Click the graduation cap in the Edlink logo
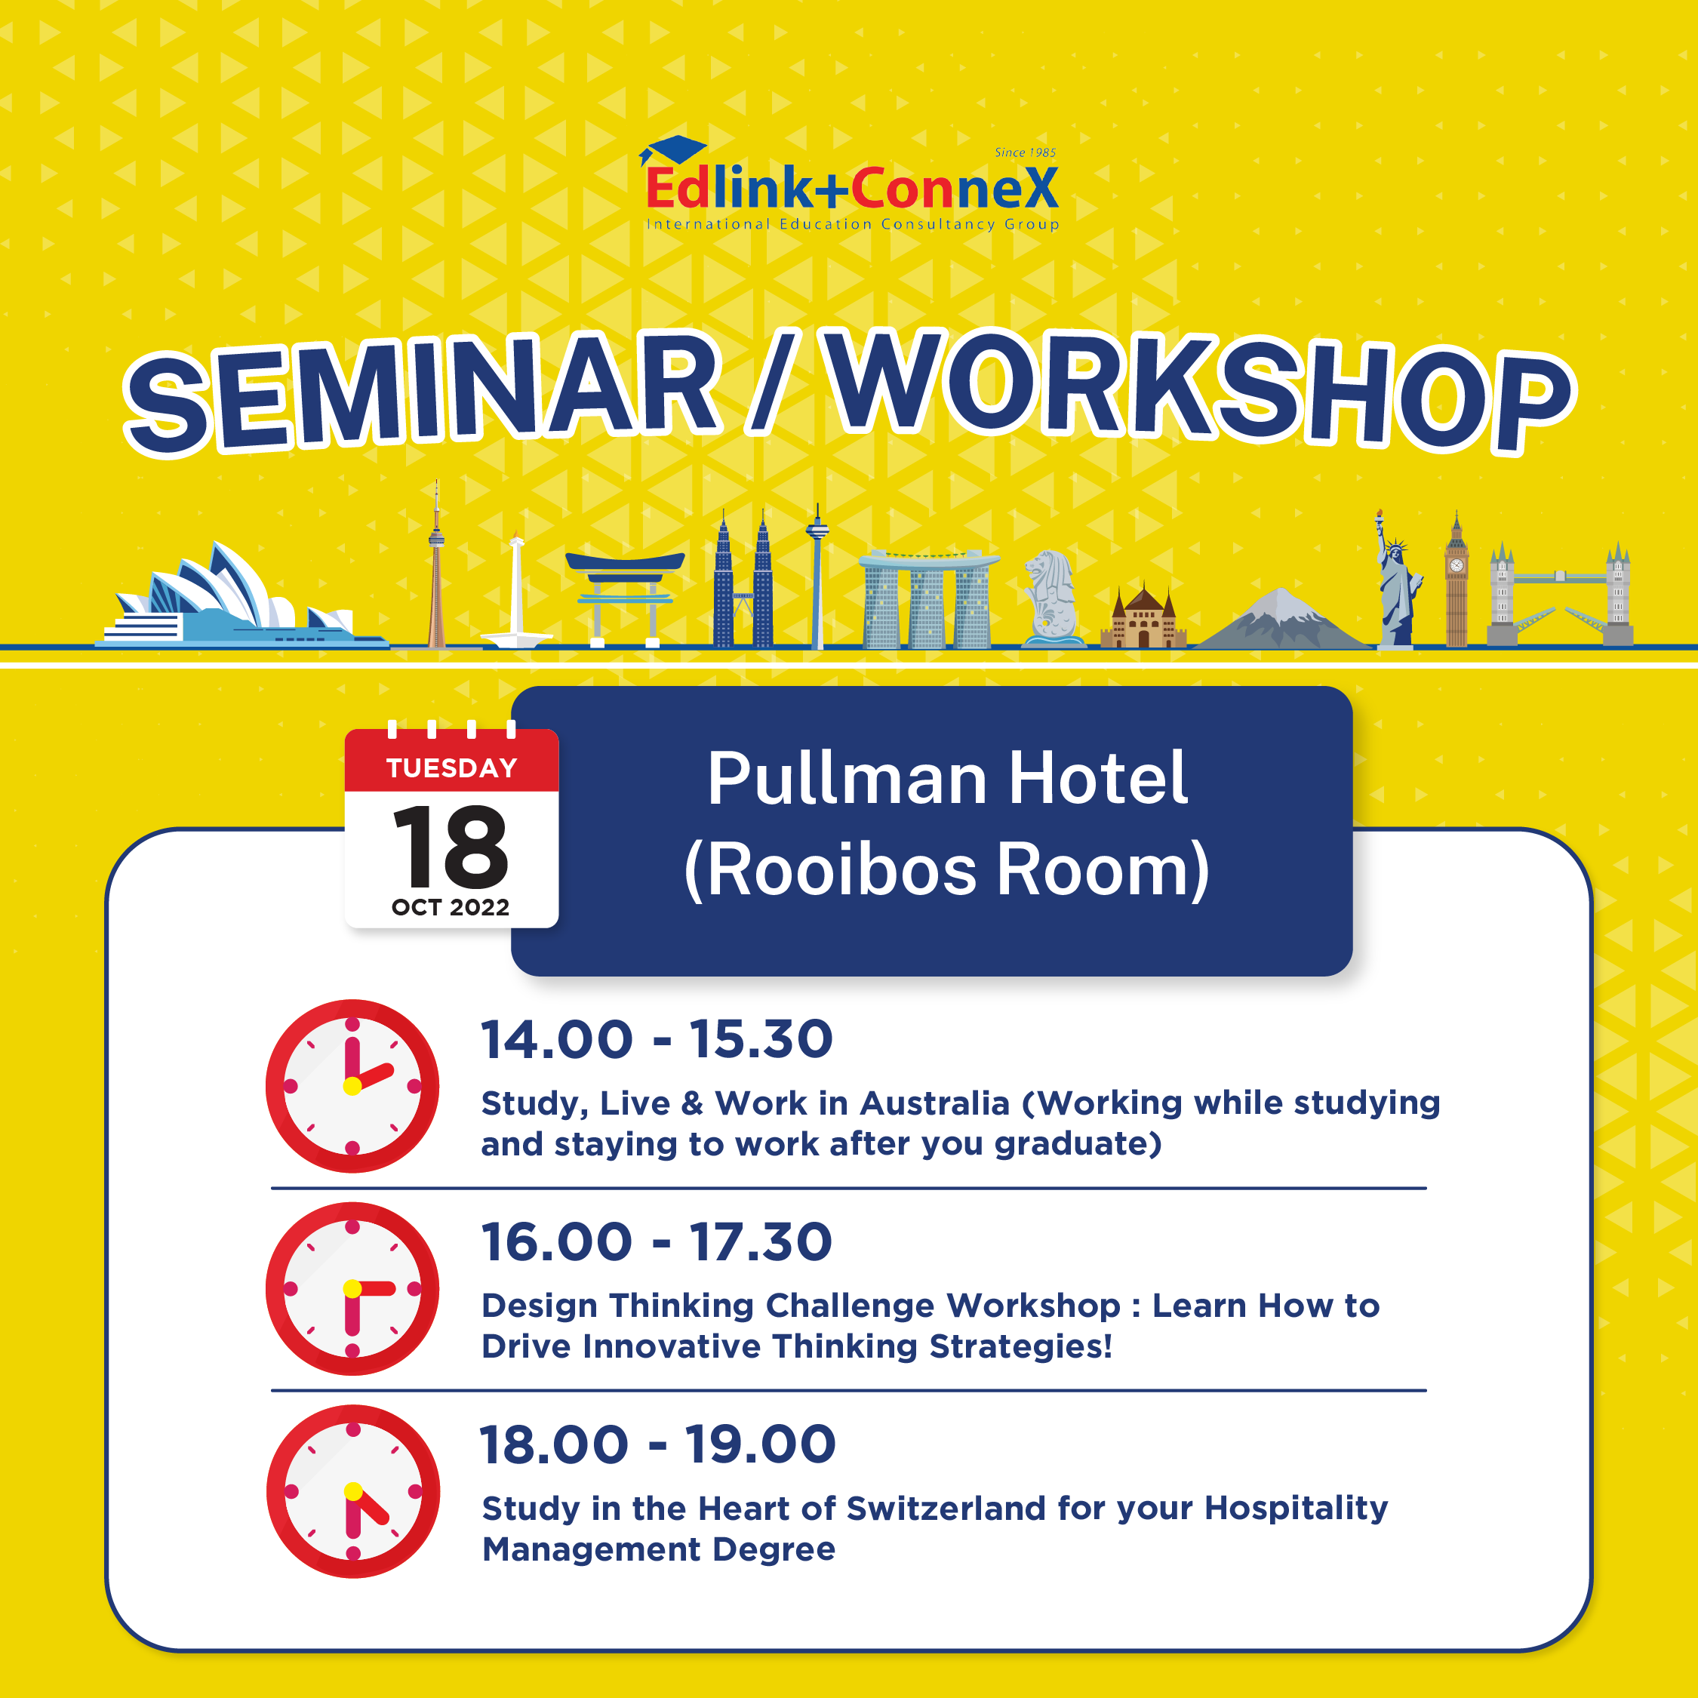(x=672, y=150)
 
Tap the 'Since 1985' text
(x=1025, y=152)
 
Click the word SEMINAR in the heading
(x=423, y=391)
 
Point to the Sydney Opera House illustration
(x=241, y=598)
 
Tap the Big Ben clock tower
(x=1457, y=580)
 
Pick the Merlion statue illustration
(x=1052, y=598)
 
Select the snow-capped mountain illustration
(x=1282, y=620)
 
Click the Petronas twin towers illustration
(x=743, y=580)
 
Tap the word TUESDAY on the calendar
(x=452, y=768)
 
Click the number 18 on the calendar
(x=451, y=847)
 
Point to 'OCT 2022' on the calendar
(x=451, y=907)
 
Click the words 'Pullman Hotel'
(x=947, y=779)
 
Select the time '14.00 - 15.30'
(x=657, y=1039)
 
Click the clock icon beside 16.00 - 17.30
(x=352, y=1288)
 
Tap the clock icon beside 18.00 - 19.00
(x=352, y=1491)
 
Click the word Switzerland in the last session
(x=946, y=1508)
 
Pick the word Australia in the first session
(x=935, y=1103)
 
